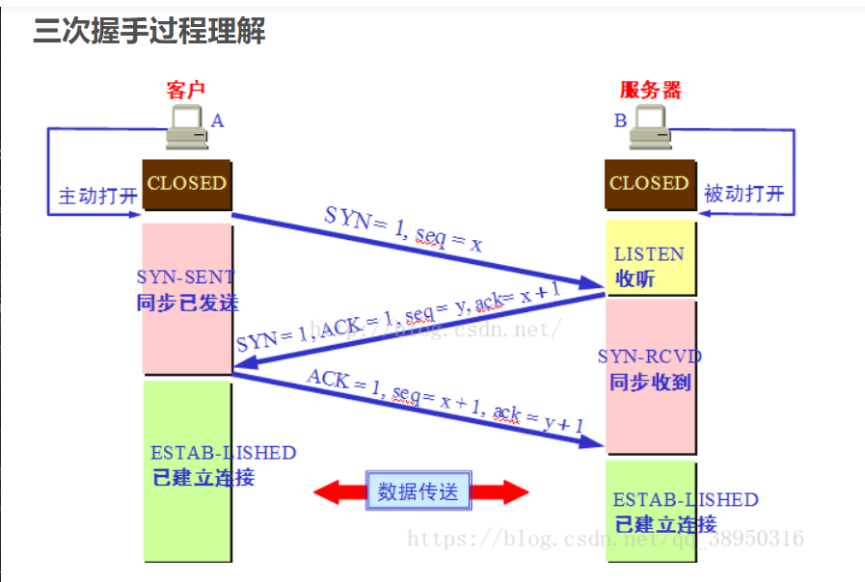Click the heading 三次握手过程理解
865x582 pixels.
coord(149,33)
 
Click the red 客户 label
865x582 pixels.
coord(187,91)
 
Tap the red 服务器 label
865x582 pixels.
coord(649,91)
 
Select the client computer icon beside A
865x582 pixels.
coord(186,128)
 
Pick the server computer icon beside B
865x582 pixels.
coord(650,128)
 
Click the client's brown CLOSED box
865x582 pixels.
coord(187,183)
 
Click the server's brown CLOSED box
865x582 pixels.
coord(649,183)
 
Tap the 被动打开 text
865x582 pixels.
coord(744,194)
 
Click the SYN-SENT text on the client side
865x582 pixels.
coord(185,278)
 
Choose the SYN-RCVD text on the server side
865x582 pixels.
coord(650,357)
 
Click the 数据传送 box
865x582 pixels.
coord(419,492)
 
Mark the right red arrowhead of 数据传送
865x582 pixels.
coord(514,492)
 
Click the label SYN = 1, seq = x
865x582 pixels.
coord(403,229)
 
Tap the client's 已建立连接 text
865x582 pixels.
coord(203,477)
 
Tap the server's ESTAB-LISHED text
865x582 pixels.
coord(686,501)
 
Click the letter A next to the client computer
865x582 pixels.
coord(217,120)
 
